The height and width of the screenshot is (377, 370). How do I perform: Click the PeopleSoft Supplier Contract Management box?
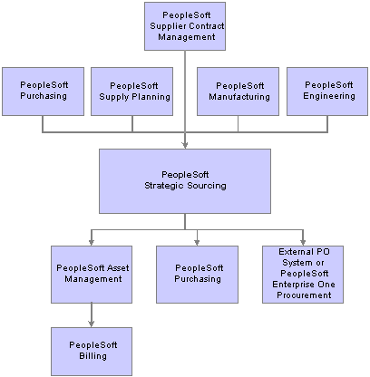185,26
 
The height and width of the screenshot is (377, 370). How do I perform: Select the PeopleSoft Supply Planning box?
131,92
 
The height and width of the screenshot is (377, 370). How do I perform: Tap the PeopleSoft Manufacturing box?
238,92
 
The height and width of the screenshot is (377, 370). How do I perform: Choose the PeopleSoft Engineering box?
327,92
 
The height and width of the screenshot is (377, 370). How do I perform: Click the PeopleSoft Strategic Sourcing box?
185,181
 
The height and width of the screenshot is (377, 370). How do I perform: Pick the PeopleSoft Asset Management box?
92,275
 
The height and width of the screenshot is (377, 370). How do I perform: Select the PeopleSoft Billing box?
92,352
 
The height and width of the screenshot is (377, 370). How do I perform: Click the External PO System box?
303,275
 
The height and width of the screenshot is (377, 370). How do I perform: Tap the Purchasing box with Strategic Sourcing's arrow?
197,275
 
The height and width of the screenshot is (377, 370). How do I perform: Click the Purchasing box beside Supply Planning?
43,92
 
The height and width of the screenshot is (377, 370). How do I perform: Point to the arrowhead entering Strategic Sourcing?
185,145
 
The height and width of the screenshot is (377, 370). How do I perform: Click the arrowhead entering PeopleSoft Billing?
92,324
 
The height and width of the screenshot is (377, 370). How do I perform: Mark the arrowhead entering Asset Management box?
92,242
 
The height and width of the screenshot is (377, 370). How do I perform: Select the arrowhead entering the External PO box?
303,242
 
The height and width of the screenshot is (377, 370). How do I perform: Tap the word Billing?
92,356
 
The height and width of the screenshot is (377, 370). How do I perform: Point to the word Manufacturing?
239,97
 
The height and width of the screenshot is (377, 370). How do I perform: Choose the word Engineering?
329,96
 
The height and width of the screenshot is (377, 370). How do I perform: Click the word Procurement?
304,295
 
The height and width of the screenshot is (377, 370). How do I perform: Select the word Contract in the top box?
206,26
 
